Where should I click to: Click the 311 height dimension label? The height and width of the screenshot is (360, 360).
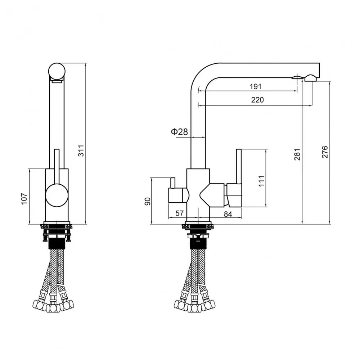[81, 151]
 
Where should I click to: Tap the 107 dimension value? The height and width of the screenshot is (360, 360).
[24, 199]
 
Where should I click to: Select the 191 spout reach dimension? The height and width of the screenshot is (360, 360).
[255, 86]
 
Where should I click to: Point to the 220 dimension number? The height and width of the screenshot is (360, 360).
[257, 100]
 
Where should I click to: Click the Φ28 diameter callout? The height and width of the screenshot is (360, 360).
[179, 132]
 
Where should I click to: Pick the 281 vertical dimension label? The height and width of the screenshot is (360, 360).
[297, 154]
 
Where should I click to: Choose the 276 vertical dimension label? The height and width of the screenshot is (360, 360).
[325, 152]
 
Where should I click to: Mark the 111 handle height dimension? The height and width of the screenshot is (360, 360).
[261, 181]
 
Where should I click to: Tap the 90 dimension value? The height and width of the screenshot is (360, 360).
[148, 201]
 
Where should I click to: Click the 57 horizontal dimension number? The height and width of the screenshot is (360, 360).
[179, 213]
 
